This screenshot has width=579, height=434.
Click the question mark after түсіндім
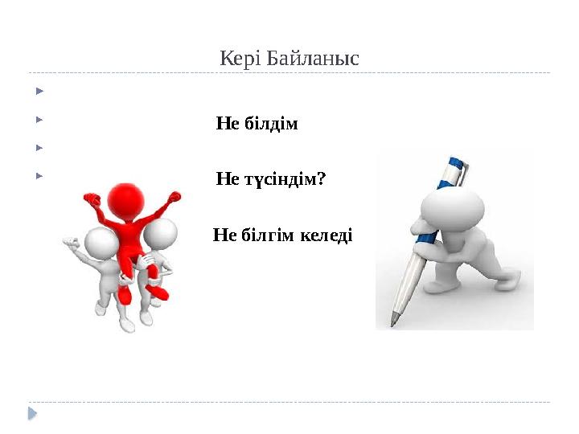pos(322,179)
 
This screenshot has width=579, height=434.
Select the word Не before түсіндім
pos(226,179)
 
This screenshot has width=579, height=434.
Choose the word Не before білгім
pos(222,235)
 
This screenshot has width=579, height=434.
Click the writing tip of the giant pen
pos(394,323)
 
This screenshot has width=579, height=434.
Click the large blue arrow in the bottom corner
pos(32,414)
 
